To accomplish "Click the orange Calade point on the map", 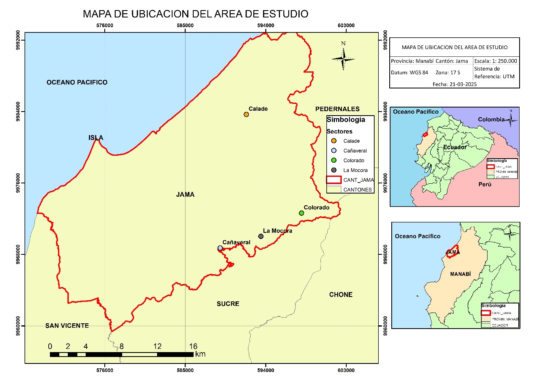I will tap(246, 114).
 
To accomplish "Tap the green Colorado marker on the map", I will tap(301, 213).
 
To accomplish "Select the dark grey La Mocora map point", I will tap(261, 236).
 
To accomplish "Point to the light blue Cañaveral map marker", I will tap(220, 248).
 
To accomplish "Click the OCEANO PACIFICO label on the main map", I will tap(77, 82).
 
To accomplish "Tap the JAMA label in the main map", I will tap(185, 195).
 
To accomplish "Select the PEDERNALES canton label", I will tap(337, 109).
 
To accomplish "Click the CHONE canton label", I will tap(341, 295).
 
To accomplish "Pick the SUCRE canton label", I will tap(228, 304).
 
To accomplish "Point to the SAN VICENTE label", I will tap(67, 326).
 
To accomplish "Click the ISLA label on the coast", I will tap(96, 138).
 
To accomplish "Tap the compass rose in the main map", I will tap(343, 59).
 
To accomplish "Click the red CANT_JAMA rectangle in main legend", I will tap(334, 180).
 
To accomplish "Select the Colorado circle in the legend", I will tap(334, 160).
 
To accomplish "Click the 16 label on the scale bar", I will tap(193, 346).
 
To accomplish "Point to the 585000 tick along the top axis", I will tap(185, 25).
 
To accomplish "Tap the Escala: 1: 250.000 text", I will tap(496, 61).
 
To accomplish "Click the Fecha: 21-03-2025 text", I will tap(455, 84).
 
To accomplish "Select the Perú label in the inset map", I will tap(485, 185).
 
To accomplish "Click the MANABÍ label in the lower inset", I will tap(460, 274).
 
